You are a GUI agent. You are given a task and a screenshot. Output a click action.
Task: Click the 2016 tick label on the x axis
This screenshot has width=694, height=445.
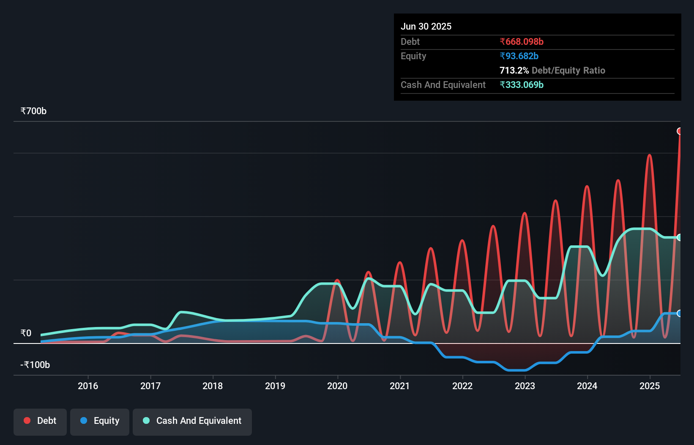[x=88, y=386]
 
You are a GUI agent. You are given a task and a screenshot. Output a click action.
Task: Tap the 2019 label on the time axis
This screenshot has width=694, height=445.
[x=275, y=386]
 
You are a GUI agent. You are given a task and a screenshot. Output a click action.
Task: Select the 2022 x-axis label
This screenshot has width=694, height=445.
[x=462, y=386]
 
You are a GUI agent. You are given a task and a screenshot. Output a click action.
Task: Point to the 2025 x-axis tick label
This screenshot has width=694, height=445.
[x=650, y=386]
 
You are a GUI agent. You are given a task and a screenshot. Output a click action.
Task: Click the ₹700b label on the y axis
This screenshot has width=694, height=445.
[x=33, y=111]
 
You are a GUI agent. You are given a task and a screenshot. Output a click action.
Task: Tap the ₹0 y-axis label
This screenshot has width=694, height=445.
[x=26, y=333]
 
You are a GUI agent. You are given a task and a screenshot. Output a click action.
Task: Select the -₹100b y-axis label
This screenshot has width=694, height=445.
[x=35, y=365]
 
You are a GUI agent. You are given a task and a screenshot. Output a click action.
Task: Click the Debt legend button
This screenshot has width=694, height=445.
[x=40, y=421]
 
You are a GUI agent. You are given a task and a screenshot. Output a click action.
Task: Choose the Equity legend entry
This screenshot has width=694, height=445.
[x=100, y=421]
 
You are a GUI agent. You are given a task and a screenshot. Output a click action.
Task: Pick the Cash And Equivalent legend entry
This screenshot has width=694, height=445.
[x=192, y=421]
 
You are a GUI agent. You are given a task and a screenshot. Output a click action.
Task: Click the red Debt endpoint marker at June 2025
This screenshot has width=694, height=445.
[x=680, y=131]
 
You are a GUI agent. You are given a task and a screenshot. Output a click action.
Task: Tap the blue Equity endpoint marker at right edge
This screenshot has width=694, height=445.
[x=680, y=313]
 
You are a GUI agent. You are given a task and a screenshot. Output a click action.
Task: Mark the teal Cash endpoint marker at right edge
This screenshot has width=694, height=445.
[x=680, y=237]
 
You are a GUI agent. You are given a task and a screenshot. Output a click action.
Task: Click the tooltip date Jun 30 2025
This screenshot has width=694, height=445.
[x=426, y=26]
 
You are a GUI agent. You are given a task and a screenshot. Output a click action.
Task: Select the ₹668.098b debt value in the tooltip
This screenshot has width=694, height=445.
[x=522, y=41]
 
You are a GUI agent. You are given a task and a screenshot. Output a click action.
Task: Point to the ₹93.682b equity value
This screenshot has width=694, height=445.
[x=519, y=56]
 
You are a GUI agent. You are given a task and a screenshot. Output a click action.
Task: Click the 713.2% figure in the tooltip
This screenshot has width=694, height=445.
[x=514, y=70]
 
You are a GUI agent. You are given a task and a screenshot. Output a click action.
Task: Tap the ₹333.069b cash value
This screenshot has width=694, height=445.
[x=522, y=85]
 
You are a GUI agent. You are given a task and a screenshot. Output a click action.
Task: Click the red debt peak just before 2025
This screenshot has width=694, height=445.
[x=650, y=155]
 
